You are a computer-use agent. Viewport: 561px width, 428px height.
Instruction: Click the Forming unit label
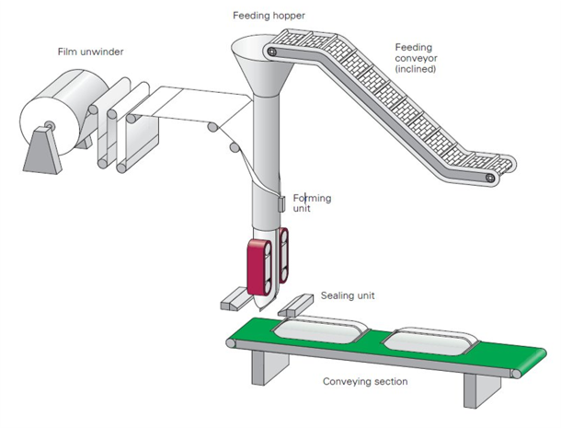click(312, 202)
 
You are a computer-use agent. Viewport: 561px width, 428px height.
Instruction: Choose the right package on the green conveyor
click(429, 342)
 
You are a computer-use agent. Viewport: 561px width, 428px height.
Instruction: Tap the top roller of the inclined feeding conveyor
click(272, 52)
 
